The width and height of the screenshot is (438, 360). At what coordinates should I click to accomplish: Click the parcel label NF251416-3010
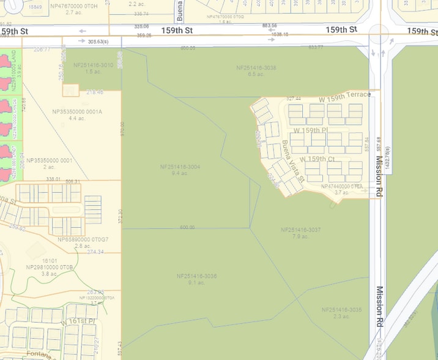pos(93,65)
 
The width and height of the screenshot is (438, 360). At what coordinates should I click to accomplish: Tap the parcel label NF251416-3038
pos(256,67)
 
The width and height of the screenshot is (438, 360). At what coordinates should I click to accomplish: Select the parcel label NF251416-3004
pos(180,167)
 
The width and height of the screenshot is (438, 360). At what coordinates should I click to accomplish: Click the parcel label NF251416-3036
pos(196,276)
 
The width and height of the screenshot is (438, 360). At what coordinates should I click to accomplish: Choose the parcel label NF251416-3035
pos(341,310)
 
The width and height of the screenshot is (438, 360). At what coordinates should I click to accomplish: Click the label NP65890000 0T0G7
pos(83,239)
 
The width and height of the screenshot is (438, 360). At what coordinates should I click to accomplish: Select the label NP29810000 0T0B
pos(50,268)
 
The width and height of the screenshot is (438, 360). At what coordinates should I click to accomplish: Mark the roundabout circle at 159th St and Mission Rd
pos(380,34)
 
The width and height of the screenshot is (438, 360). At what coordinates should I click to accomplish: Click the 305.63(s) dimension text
pos(93,42)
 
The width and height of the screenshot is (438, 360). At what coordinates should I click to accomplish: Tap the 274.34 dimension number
pos(95,252)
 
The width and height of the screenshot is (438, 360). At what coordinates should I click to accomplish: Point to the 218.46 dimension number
pos(95,92)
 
